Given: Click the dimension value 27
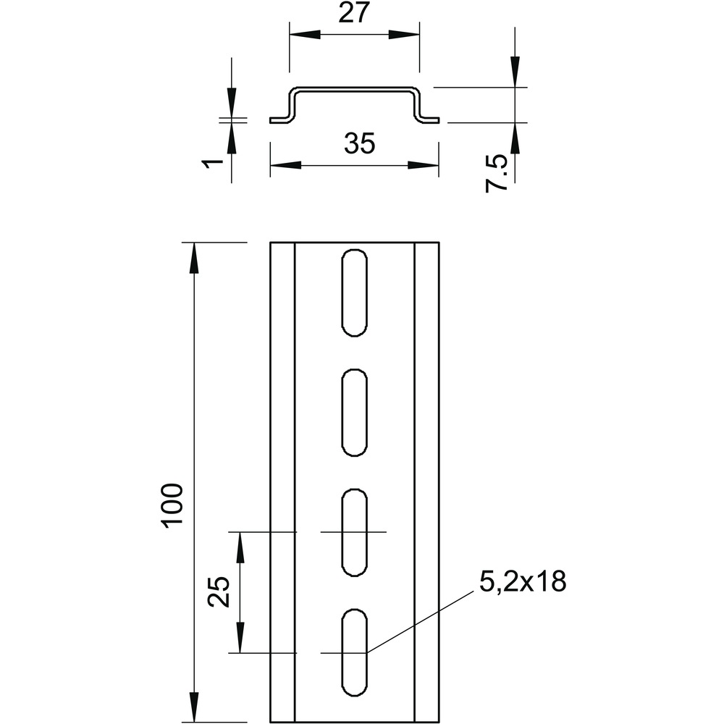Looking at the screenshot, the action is coord(354,13).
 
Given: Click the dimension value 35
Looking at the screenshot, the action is coord(360,143).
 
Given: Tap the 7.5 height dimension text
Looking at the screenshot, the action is coord(497,174).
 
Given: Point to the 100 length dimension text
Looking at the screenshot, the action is coord(172,504).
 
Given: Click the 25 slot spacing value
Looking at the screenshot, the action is coord(219,592).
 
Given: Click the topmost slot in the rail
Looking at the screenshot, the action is coord(355,292).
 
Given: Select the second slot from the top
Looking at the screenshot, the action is coord(355,413).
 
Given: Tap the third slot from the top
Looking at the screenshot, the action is coord(355,532).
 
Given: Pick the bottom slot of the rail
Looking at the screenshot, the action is coord(355,652).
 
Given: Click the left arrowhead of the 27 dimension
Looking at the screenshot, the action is coord(305,35).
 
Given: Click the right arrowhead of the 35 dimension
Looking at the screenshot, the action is coord(423,165).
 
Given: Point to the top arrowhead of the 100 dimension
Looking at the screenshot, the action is coord(195,258).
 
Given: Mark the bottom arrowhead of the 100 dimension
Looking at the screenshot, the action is coord(195,707).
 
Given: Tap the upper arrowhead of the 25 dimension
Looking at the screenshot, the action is coord(240,547).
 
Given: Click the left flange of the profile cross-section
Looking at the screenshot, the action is coord(279,120).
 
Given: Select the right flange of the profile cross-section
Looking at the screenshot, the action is coord(429,120).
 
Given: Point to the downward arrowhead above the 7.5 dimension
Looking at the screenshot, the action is coord(515,72).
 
